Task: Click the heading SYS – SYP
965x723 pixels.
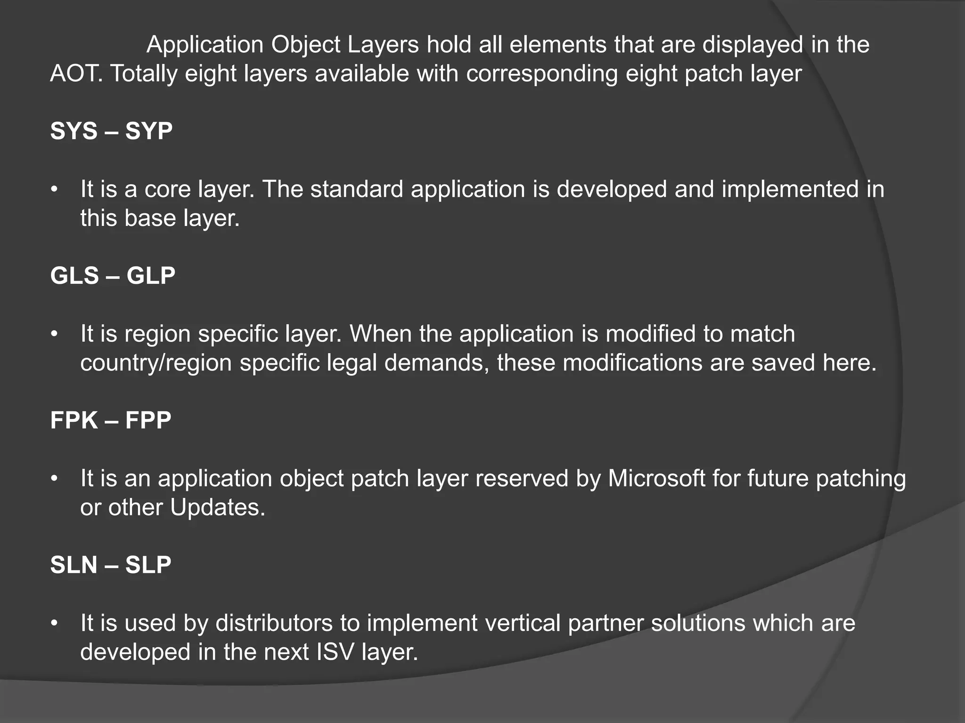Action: pyautogui.click(x=111, y=131)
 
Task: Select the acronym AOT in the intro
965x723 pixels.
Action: pyautogui.click(x=75, y=74)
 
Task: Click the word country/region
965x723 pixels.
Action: pyautogui.click(x=156, y=363)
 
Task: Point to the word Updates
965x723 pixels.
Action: pyautogui.click(x=218, y=507)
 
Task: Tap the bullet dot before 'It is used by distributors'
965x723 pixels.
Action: pyautogui.click(x=55, y=624)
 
